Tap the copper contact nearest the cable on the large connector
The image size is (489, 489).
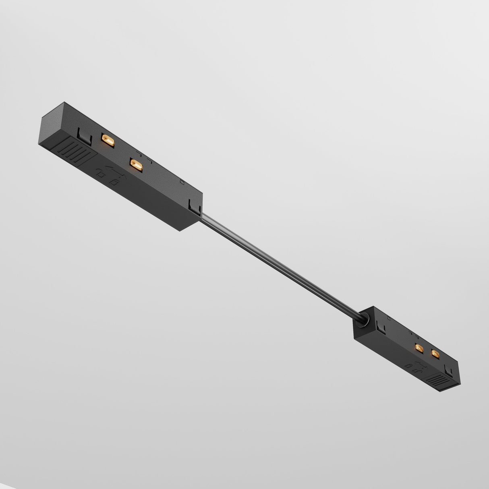136,164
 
